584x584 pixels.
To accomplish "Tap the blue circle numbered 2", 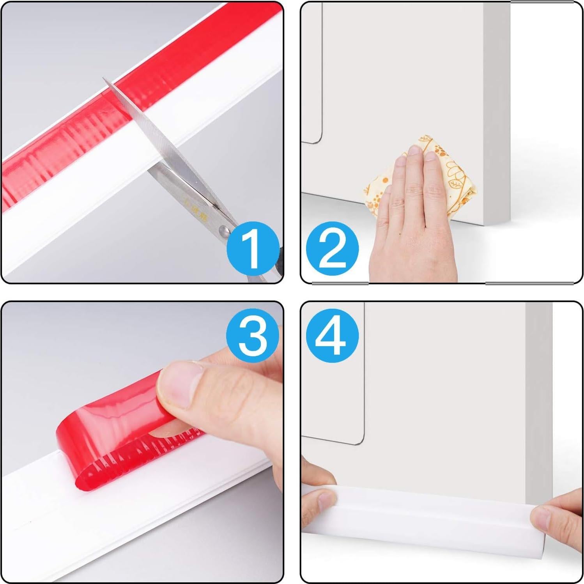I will (x=332, y=249).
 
